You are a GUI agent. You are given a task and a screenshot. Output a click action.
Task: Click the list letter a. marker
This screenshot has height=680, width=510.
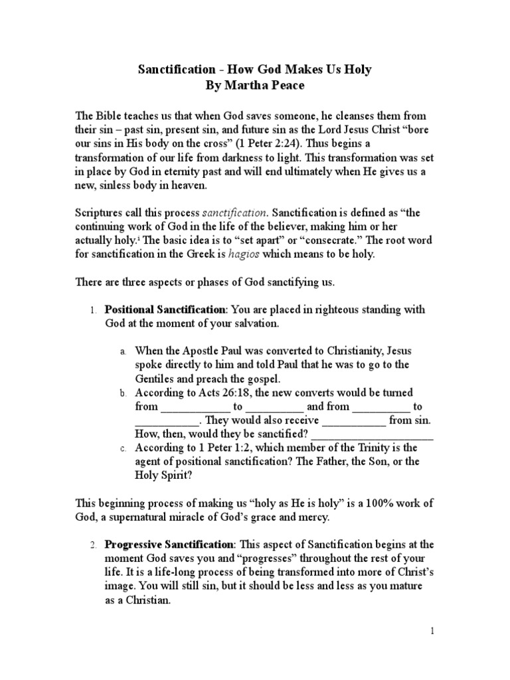pos(123,350)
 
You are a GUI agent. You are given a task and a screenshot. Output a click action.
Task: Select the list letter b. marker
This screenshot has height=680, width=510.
pos(123,394)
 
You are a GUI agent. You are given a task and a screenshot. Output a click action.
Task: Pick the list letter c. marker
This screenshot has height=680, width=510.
pos(123,450)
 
